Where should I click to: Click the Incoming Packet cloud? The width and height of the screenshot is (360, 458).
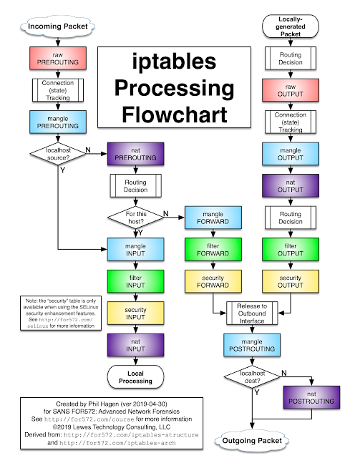tap(58, 27)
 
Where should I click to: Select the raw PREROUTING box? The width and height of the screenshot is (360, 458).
tap(58, 59)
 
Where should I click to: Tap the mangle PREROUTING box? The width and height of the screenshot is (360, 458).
tap(58, 122)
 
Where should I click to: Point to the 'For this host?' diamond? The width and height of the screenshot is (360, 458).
tap(135, 216)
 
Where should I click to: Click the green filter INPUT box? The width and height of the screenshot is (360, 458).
tap(135, 280)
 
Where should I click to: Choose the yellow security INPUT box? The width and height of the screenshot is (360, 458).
tap(135, 313)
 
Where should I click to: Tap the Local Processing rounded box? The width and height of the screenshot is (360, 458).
tap(135, 376)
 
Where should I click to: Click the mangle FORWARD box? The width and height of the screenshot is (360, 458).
tap(213, 217)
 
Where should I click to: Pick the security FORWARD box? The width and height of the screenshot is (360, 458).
tap(213, 280)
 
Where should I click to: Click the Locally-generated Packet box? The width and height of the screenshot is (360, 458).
tap(291, 27)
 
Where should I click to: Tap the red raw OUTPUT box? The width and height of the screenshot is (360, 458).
tap(291, 90)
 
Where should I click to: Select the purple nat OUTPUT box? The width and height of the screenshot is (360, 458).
tap(291, 185)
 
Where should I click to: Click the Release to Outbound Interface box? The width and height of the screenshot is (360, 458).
tap(252, 313)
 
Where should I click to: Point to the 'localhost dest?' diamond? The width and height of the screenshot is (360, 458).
tap(252, 376)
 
